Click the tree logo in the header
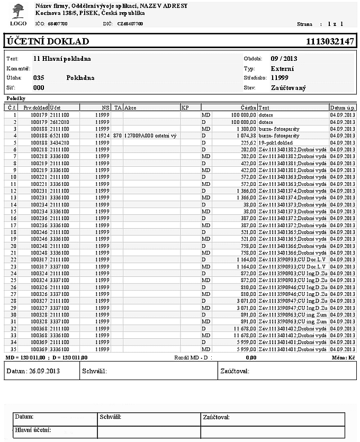[x=18, y=11]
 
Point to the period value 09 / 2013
[x=284, y=59]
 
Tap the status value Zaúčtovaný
[x=288, y=88]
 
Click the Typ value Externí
[x=282, y=69]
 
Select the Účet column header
[x=55, y=107]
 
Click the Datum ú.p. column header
[x=343, y=107]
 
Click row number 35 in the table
[x=14, y=350]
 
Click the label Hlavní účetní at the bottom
[x=33, y=429]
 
